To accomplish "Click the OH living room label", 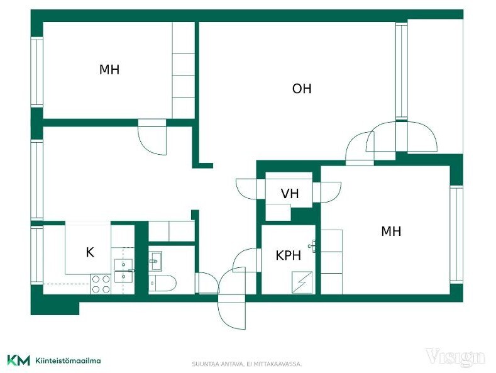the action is coord(302,89).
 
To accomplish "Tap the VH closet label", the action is coord(290,194).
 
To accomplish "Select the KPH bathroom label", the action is coord(288,255).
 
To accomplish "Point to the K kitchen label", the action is coord(90,252).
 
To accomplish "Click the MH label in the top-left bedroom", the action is coord(109,70).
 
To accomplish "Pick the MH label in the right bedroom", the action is coord(391,231).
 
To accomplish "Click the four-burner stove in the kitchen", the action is coord(101,284).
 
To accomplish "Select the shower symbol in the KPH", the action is coord(303,282).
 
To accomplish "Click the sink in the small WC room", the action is coord(155,260).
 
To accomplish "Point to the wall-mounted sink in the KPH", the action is coord(312,247).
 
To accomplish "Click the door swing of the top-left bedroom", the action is coord(152,137).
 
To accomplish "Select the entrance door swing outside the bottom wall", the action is coord(232,312).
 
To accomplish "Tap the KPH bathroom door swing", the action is coord(246,260).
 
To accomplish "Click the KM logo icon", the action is coord(19,360).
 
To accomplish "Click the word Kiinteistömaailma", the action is coord(69,360).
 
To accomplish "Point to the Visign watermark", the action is coord(455,357).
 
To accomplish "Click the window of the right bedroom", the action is coord(456,235).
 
